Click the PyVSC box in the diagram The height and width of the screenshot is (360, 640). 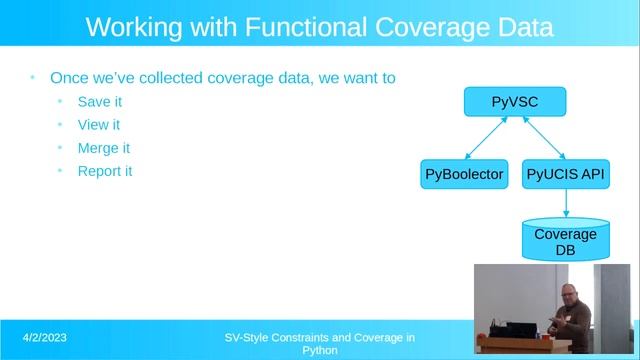[515, 101]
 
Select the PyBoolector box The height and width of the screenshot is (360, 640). [464, 174]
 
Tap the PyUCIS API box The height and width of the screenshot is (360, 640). [566, 174]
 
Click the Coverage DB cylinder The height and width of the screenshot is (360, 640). [565, 240]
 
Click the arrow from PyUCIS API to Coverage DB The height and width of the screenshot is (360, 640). [566, 203]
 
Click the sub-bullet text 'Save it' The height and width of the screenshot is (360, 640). [99, 102]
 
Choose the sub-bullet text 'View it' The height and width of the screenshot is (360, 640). [98, 125]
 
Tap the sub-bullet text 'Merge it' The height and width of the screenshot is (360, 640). [104, 148]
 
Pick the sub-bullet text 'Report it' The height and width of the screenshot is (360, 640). [105, 171]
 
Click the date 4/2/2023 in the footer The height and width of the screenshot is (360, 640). [46, 338]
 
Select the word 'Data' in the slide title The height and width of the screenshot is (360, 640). [521, 27]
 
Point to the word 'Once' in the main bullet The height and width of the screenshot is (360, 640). [69, 77]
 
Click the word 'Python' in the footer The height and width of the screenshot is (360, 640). [320, 351]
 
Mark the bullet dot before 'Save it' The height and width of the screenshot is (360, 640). [60, 102]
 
